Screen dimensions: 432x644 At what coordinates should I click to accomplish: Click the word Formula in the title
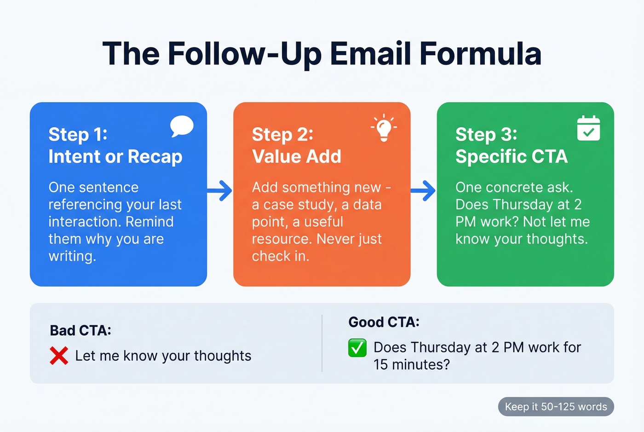pos(480,54)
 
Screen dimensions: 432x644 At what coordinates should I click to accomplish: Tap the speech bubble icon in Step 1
pos(182,126)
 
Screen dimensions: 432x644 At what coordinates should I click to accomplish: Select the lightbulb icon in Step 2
pos(384,127)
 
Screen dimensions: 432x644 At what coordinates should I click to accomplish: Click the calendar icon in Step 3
pos(588,128)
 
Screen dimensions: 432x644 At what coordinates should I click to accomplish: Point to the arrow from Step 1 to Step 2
pos(220,190)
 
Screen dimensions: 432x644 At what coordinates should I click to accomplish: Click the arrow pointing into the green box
pos(424,190)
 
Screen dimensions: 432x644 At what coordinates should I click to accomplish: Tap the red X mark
pos(59,356)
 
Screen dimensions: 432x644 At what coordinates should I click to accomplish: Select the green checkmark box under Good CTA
pos(357,348)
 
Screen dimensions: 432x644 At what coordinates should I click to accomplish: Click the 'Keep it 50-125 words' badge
pos(556,407)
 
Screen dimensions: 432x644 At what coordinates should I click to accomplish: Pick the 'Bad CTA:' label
pos(80,330)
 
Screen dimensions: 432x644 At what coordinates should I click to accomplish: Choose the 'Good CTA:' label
pos(384,322)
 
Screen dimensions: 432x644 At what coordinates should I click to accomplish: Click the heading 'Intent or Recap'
pos(115,157)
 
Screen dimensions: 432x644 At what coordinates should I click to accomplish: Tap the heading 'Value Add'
pos(297,157)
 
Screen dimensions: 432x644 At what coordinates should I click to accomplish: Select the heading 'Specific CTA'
pos(512,157)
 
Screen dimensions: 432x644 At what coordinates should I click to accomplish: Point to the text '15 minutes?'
pos(411,365)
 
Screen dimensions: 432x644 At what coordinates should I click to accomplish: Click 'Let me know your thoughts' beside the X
pos(163,356)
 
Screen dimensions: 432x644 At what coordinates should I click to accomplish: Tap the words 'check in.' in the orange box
pos(281,256)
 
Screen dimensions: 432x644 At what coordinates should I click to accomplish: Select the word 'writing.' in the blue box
pos(73,256)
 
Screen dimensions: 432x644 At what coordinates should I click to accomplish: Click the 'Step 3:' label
pos(486,134)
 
